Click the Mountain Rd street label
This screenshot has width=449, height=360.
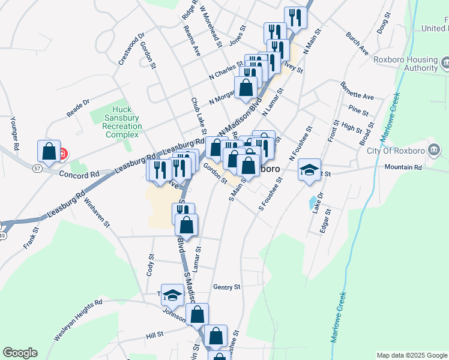pyautogui.click(x=403, y=167)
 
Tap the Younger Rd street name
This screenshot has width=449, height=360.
pyautogui.click(x=15, y=133)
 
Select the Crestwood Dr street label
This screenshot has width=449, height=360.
pyautogui.click(x=131, y=49)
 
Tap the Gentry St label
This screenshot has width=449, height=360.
pyautogui.click(x=226, y=287)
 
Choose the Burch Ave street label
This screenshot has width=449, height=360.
pyautogui.click(x=357, y=44)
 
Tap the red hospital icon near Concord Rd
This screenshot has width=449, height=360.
pyautogui.click(x=63, y=154)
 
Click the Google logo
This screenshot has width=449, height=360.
pyautogui.click(x=20, y=353)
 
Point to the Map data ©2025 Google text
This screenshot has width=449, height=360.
pyautogui.click(x=411, y=355)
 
